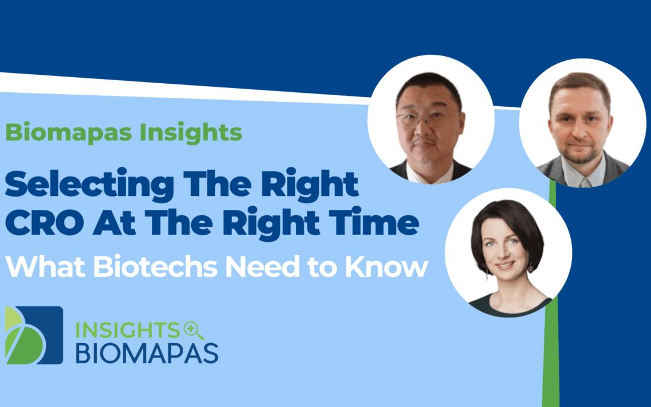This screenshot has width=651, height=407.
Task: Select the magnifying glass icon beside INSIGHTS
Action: click(193, 330)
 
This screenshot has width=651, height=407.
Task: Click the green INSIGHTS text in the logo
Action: click(127, 330)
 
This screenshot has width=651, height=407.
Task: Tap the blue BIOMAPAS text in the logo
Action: click(146, 353)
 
